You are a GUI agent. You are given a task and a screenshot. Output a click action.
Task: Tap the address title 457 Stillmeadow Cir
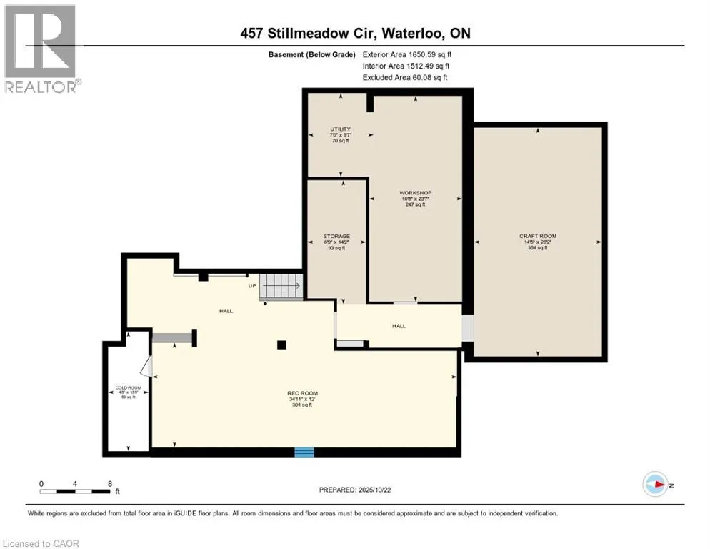[354, 34]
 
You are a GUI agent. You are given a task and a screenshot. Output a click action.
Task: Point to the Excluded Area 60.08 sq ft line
[405, 77]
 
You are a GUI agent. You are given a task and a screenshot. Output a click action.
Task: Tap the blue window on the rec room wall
[304, 452]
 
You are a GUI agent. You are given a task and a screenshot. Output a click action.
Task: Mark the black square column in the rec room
[282, 345]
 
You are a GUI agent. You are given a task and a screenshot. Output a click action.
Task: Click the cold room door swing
[146, 366]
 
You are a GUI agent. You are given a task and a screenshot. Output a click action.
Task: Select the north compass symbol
[654, 485]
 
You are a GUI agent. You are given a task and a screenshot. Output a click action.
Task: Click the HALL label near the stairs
[226, 311]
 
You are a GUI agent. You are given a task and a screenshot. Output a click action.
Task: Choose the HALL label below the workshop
[399, 326]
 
